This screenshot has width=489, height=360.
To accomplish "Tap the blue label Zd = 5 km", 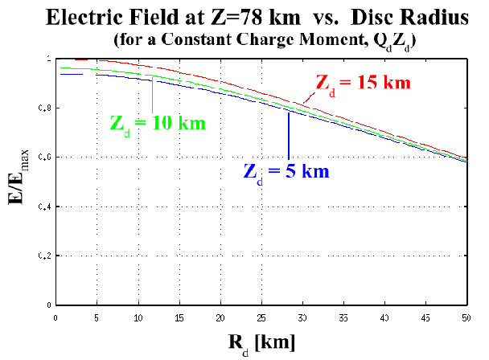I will point(286,170).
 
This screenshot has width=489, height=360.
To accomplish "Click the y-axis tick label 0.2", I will point(44,256).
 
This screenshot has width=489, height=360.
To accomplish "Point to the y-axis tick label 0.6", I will point(44,157).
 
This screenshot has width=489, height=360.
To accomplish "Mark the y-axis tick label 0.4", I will point(44,207).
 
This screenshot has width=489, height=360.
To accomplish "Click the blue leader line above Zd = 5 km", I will point(289,137).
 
